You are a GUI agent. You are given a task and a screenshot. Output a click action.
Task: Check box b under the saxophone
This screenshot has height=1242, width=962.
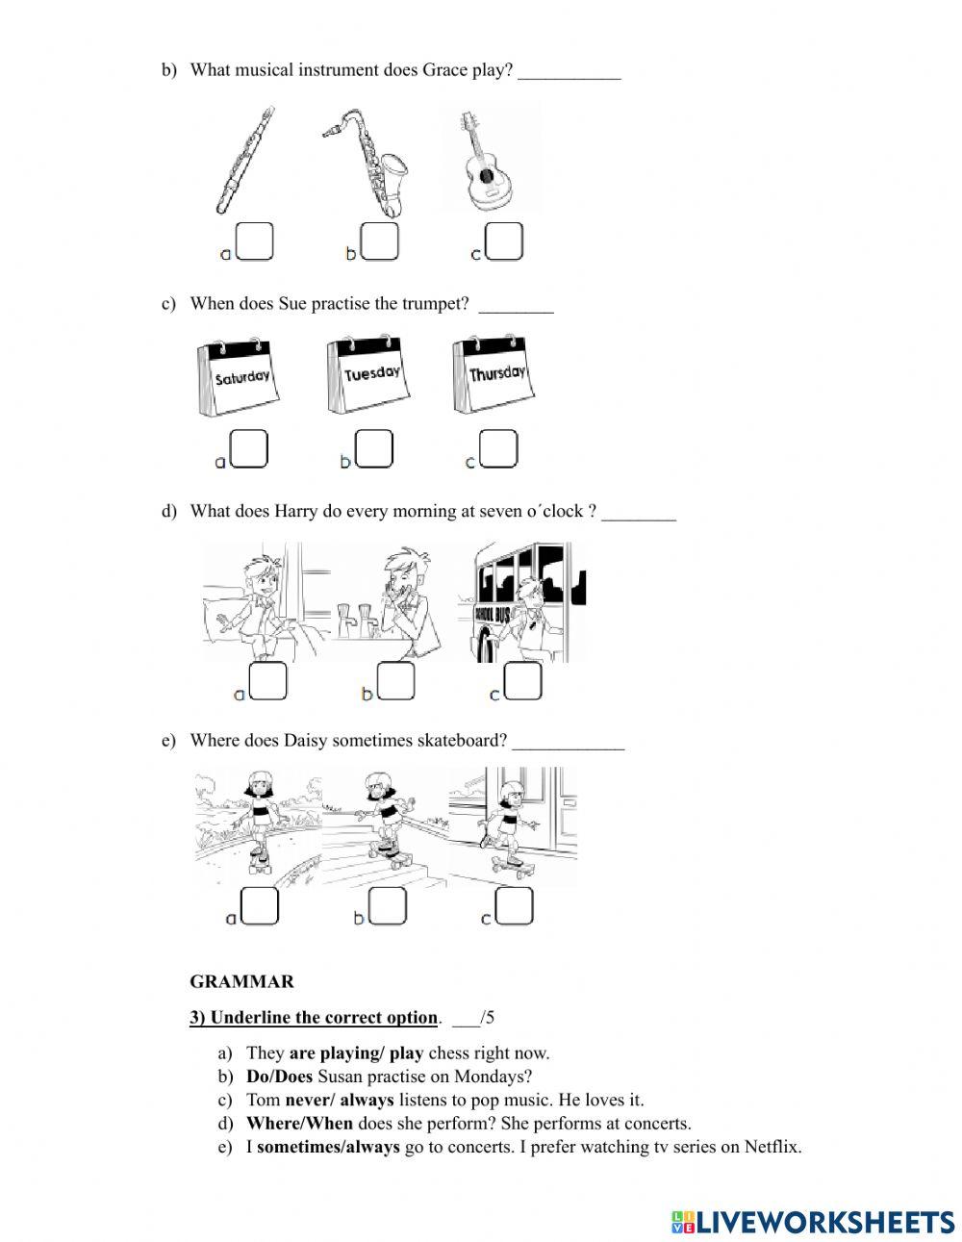(380, 241)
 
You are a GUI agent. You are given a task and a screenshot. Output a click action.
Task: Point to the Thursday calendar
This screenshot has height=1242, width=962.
(494, 373)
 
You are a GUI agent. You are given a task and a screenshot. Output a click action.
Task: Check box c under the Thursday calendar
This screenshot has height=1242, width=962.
(498, 448)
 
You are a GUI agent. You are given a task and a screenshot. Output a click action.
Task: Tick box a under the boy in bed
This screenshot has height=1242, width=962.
(268, 681)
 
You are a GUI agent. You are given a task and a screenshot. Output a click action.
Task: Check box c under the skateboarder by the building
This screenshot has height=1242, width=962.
(514, 905)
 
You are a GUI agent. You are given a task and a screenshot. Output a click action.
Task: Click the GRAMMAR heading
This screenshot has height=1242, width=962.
(241, 982)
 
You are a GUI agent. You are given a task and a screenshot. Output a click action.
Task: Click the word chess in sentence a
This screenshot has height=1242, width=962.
(448, 1052)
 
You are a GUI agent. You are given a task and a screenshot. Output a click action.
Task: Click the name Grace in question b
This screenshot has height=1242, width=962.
(444, 70)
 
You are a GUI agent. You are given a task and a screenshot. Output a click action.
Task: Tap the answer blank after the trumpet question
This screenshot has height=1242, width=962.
(516, 306)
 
